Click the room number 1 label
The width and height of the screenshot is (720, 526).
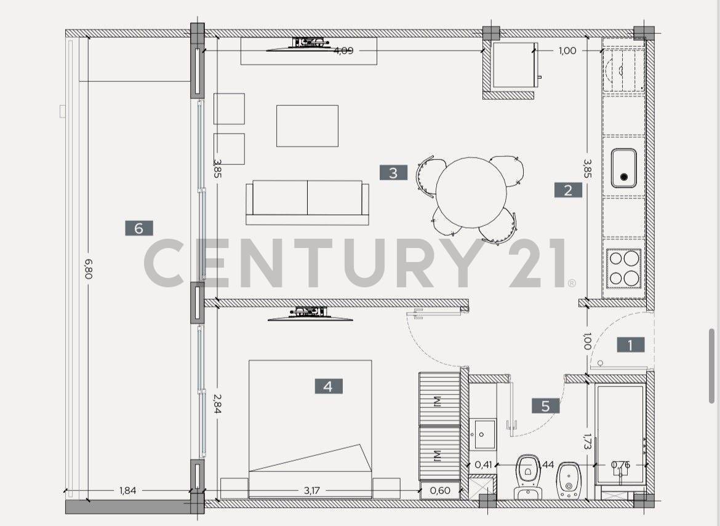630,345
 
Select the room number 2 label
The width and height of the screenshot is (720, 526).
567,190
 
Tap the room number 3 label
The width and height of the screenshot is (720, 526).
393,173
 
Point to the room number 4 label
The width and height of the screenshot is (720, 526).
328,386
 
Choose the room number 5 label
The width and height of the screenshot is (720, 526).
546,406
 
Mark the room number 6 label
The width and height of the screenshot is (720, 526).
138,228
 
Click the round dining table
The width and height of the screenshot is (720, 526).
471,192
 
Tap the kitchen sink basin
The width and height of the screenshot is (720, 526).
625,167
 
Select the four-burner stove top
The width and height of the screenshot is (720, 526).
624,268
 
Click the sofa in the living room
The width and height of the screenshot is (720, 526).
307,202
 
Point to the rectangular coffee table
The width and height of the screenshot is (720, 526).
307,126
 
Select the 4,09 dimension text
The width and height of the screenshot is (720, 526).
343,50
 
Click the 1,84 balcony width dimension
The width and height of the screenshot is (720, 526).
127,491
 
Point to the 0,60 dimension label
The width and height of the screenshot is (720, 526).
439,491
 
